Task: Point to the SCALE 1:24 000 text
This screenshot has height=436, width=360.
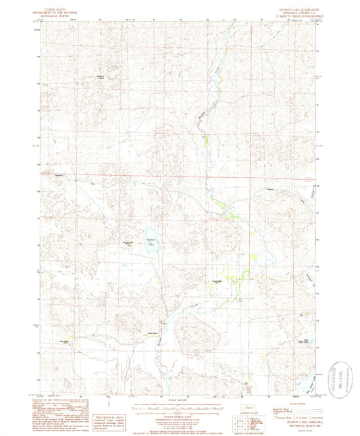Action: pos(179,402)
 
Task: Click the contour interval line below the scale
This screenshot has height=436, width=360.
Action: pos(179,414)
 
